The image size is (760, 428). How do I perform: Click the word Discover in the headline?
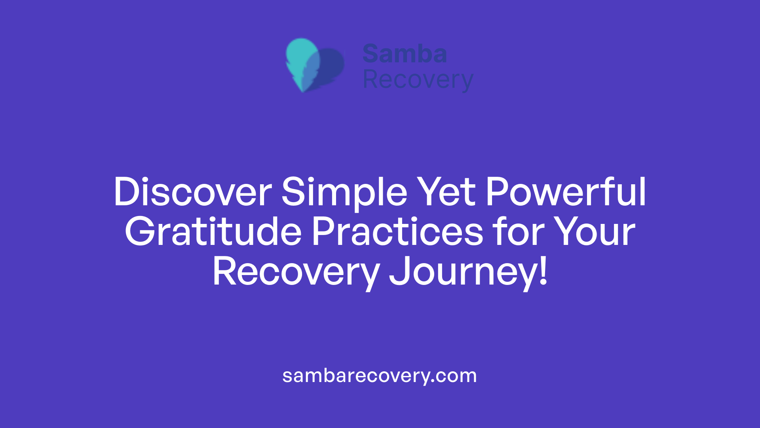192,192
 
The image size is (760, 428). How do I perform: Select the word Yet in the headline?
446,192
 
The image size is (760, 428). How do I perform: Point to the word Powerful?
566,192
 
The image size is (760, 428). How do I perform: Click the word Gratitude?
213,232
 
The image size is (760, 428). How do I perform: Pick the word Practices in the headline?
397,232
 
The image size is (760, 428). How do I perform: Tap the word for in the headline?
518,232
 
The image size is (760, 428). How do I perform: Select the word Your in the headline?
594,232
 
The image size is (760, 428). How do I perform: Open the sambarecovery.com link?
380,376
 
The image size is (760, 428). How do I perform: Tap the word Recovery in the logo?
418,80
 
